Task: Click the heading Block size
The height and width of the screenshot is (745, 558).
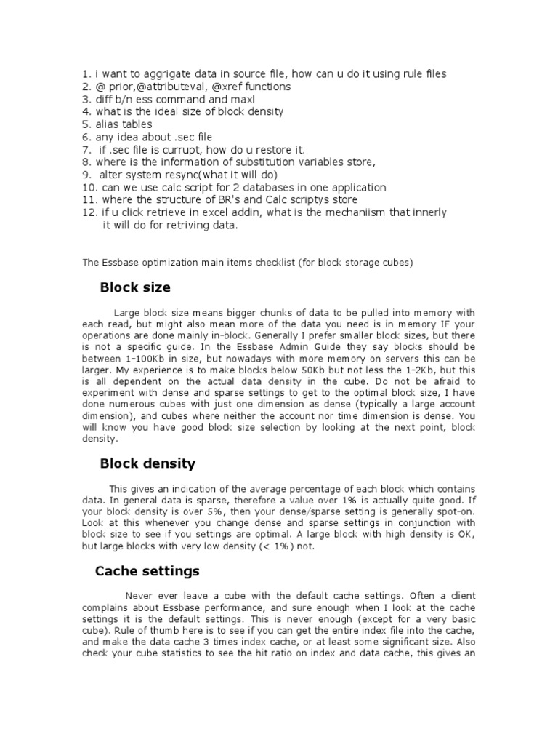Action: pos(135,287)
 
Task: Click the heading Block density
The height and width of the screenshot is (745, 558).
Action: pos(147,463)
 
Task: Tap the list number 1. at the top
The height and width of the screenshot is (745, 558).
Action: pos(86,74)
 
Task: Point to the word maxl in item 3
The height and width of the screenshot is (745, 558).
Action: pos(242,99)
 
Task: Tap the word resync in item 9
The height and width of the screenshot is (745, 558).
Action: pos(183,175)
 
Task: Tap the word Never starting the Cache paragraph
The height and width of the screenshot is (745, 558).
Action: pos(141,596)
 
